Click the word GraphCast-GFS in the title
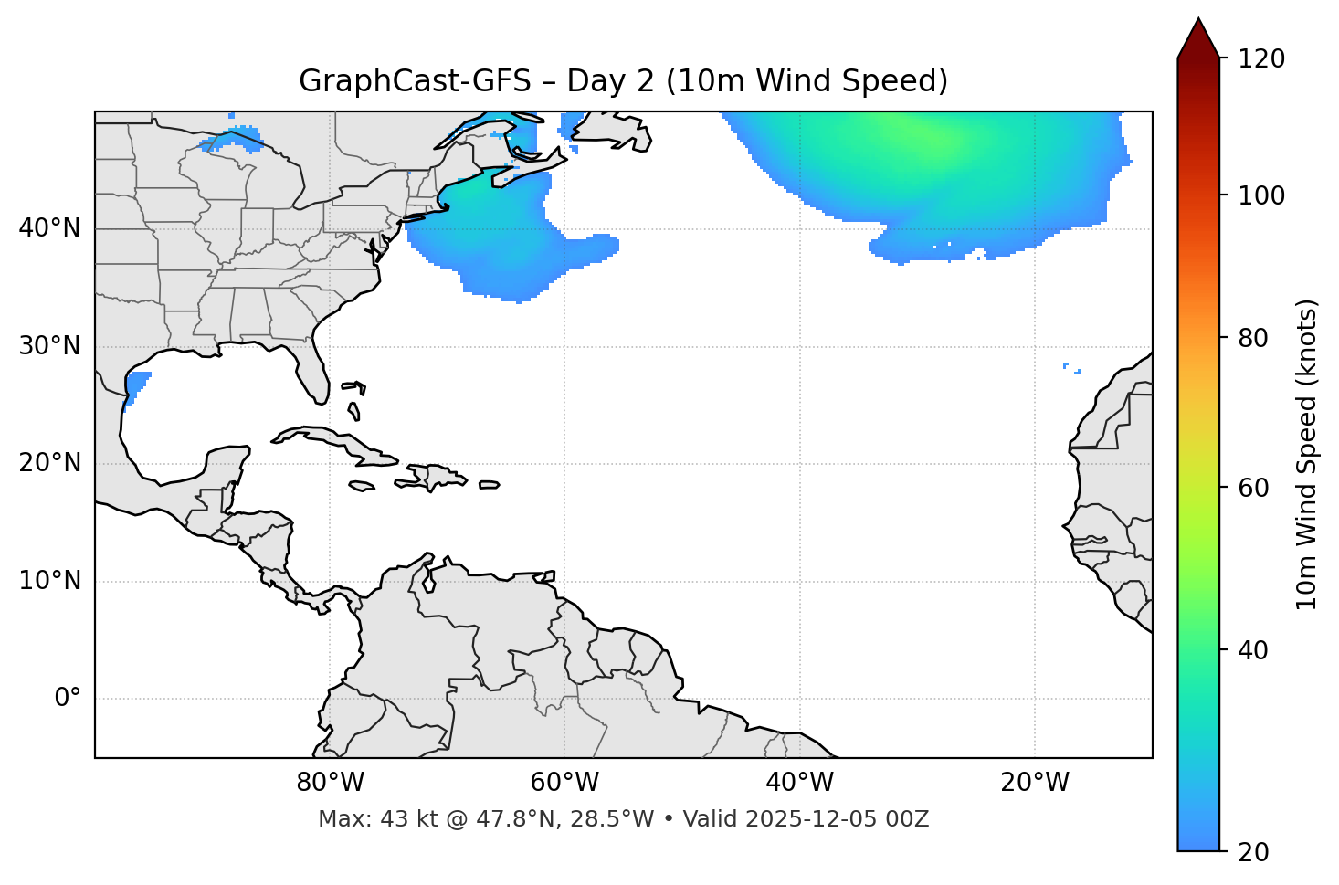[x=415, y=81]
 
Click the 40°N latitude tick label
[x=49, y=228]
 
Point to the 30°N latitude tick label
[x=49, y=346]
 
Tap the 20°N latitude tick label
[x=49, y=463]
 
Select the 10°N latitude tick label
[x=49, y=581]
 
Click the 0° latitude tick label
[x=68, y=699]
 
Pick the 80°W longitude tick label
[x=330, y=783]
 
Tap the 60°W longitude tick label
[x=564, y=783]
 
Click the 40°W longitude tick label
[x=799, y=783]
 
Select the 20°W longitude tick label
[x=1034, y=783]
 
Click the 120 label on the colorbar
[x=1260, y=59]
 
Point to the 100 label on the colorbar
[x=1260, y=195]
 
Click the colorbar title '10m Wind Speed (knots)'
[x=1307, y=454]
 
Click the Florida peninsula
[x=315, y=374]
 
